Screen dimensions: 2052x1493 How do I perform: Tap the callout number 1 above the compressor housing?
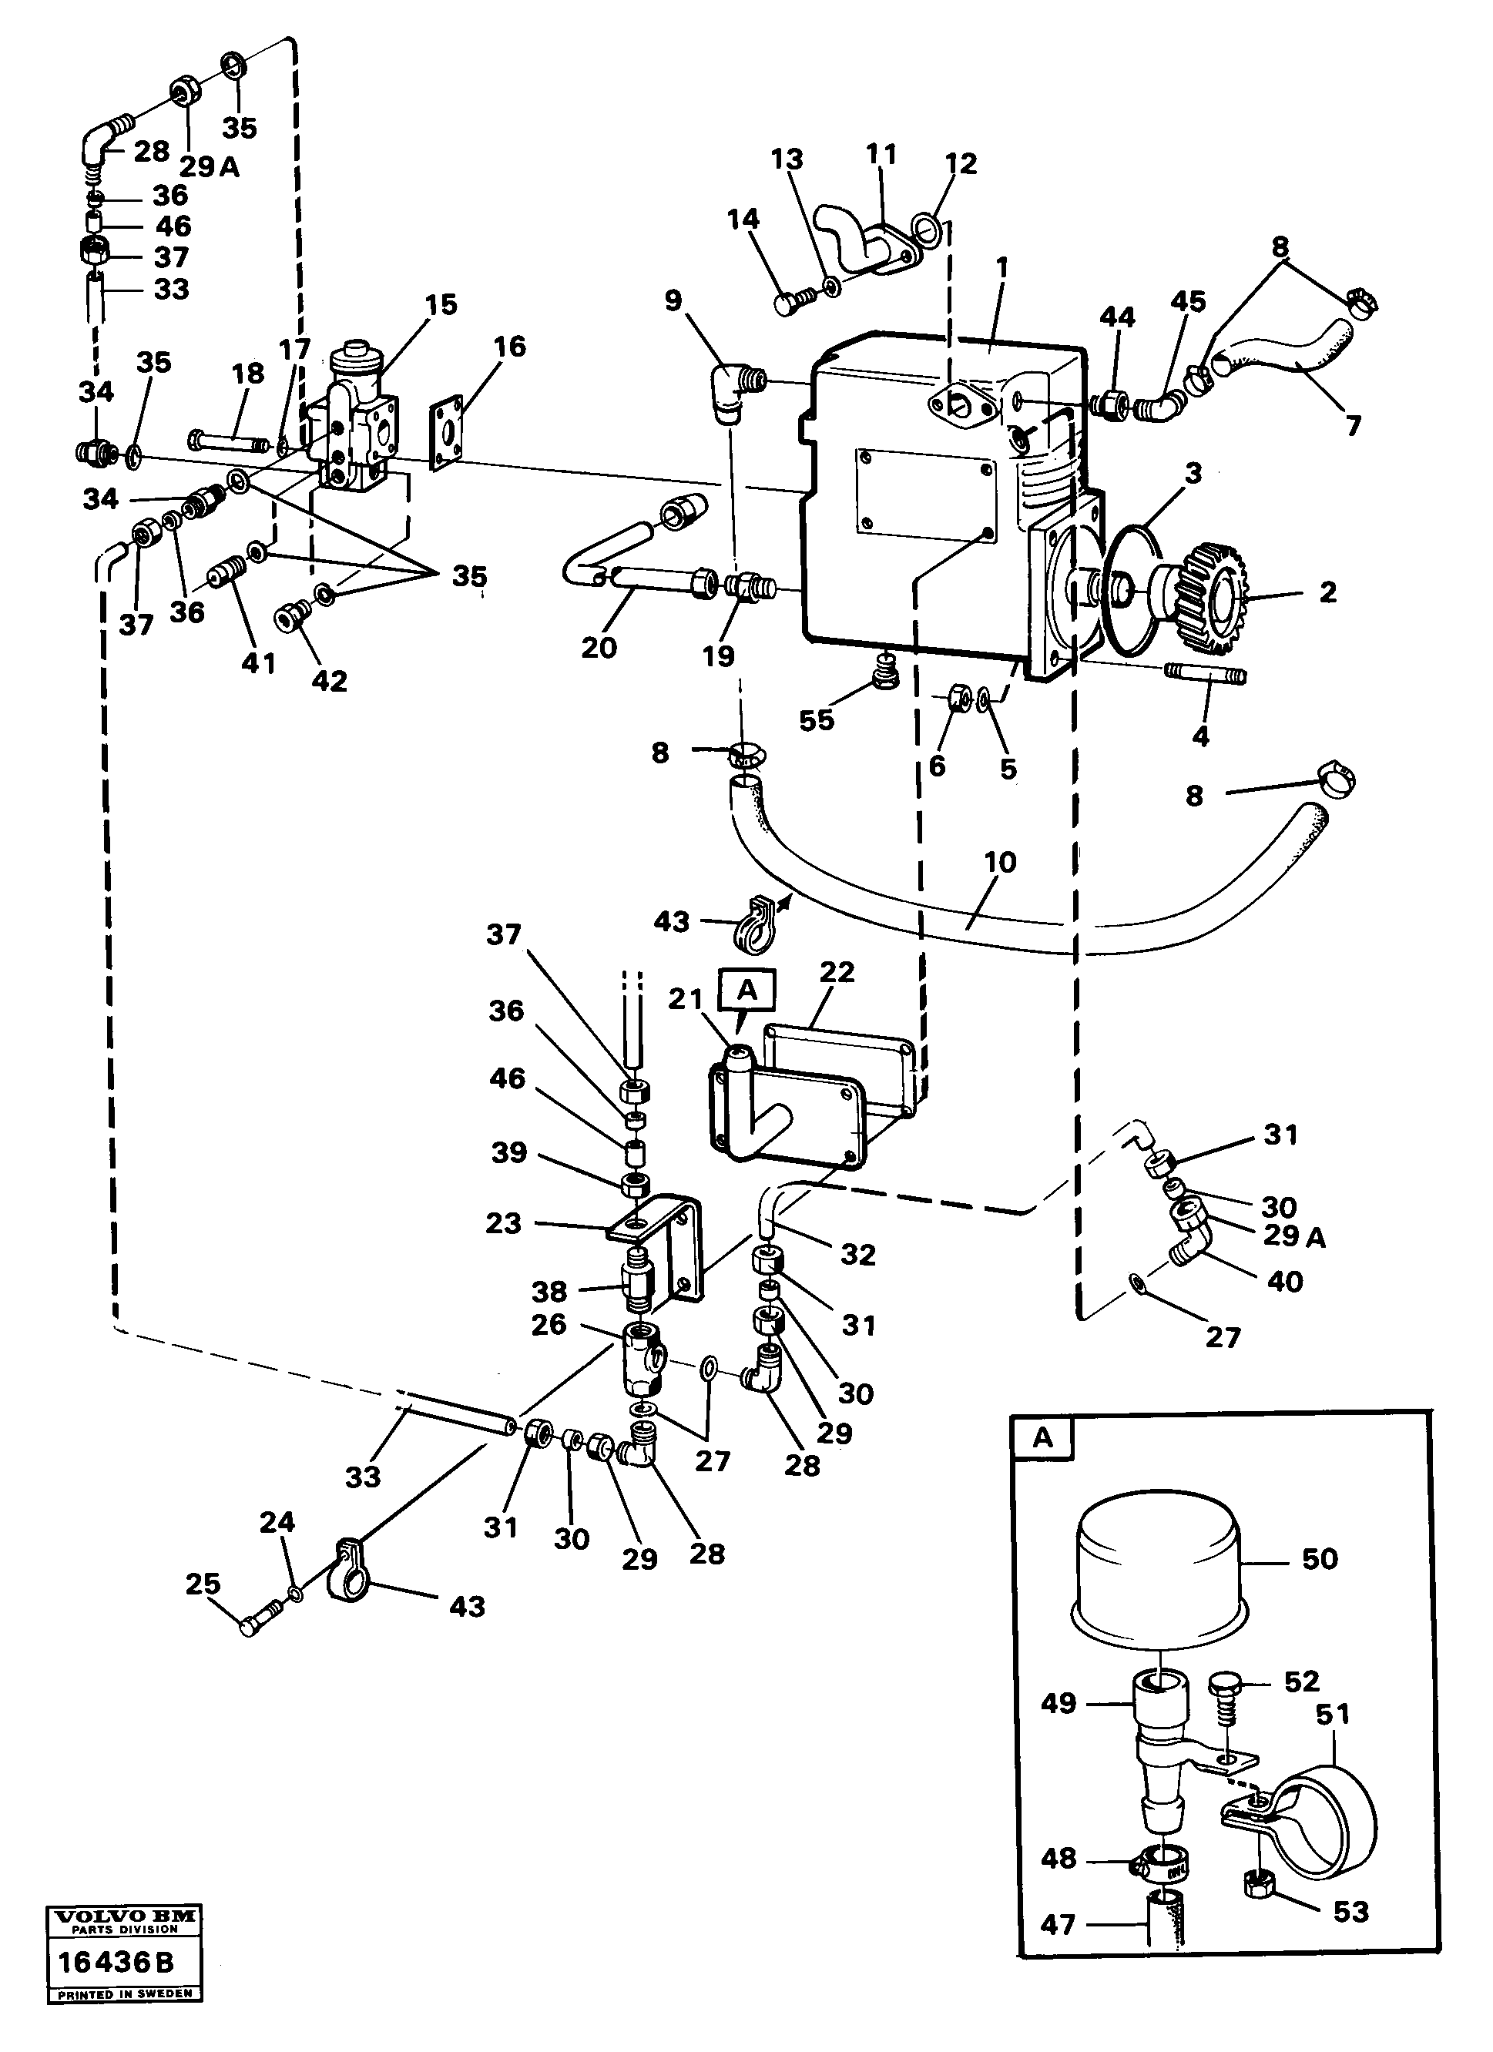pyautogui.click(x=1001, y=269)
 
